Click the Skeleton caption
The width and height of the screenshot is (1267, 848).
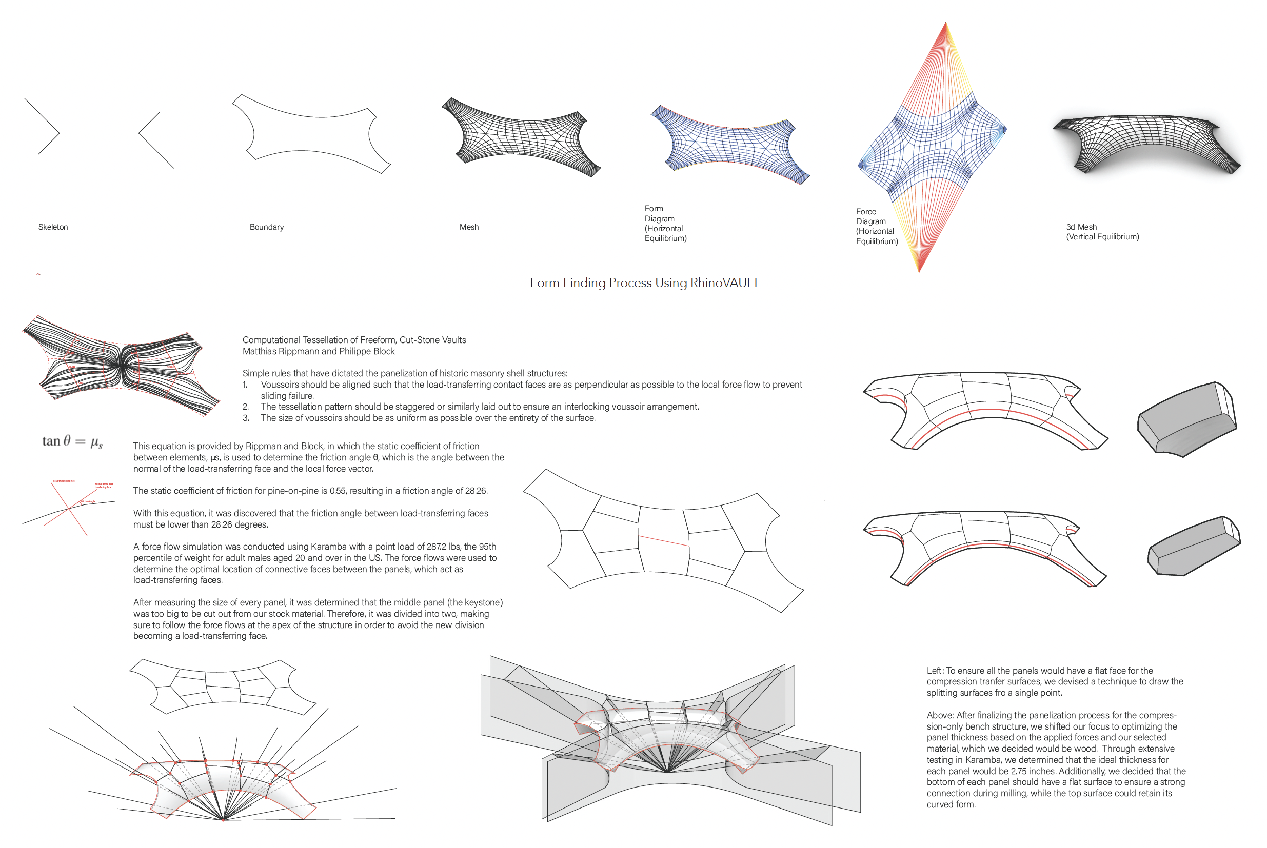(53, 227)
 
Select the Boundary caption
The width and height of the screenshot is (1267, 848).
(266, 227)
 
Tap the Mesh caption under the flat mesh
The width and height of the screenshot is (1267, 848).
(468, 227)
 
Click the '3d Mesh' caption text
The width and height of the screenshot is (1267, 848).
(1081, 227)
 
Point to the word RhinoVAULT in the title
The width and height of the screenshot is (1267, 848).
(724, 283)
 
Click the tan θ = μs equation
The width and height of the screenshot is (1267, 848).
(72, 441)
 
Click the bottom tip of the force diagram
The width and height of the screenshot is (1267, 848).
(919, 272)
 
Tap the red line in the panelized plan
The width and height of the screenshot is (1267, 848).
(663, 540)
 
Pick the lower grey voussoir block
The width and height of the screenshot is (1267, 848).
(1193, 546)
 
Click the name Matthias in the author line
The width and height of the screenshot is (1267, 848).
(259, 352)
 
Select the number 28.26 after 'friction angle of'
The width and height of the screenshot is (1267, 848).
(475, 491)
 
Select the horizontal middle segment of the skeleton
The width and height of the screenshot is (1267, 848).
(99, 132)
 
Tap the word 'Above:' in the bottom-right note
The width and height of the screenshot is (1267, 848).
(940, 716)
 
